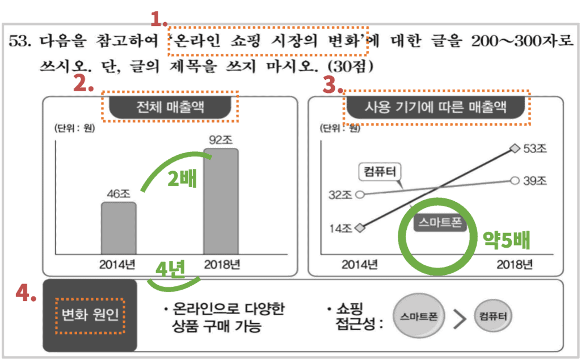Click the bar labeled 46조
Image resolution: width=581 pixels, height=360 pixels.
[x=119, y=228]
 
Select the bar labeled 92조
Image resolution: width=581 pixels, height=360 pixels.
[x=221, y=201]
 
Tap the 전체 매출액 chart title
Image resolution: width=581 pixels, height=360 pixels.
[x=170, y=107]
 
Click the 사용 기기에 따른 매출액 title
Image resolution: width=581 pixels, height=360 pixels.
[x=436, y=107]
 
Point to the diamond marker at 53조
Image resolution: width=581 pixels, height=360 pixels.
[x=515, y=149]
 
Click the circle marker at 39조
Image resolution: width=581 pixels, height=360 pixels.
[x=515, y=180]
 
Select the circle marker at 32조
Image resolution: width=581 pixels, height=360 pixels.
[x=359, y=194]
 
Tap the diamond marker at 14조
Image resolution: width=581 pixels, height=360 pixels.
[x=359, y=228]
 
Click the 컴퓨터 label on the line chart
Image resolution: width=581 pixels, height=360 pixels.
[x=380, y=170]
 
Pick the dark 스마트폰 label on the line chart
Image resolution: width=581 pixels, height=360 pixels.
[x=440, y=223]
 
